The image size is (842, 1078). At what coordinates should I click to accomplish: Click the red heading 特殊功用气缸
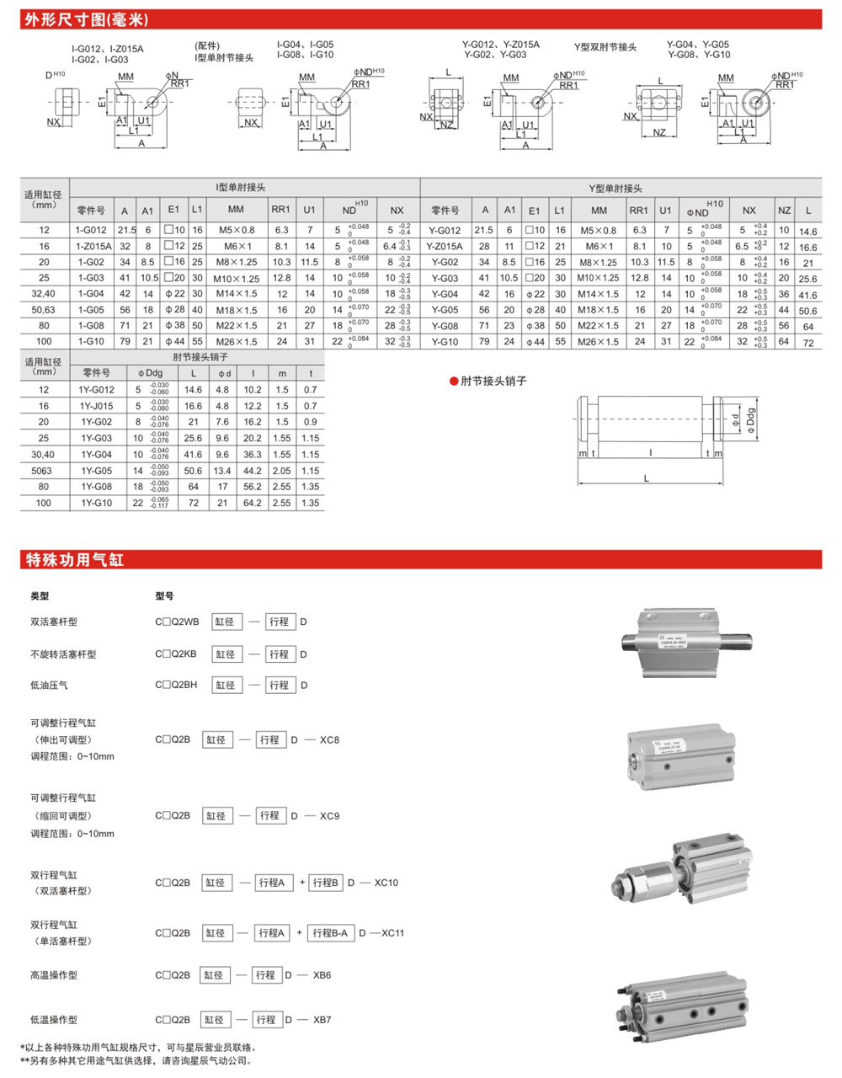[x=75, y=560]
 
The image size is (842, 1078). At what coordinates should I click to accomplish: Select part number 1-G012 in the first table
[x=91, y=230]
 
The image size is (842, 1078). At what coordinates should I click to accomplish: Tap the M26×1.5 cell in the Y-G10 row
[x=599, y=342]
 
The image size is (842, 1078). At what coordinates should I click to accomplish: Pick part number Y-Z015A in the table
[x=445, y=247]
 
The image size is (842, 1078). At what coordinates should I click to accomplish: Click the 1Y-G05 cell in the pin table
[x=96, y=471]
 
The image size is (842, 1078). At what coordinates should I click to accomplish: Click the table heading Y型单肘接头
[x=615, y=189]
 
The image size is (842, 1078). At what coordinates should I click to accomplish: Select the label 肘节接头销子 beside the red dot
[x=493, y=382]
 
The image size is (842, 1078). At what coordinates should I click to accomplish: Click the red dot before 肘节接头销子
[x=454, y=382]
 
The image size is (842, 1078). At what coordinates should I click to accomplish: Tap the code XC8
[x=329, y=740]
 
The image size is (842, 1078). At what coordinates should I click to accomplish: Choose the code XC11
[x=392, y=933]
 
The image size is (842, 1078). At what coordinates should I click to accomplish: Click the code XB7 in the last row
[x=322, y=1020]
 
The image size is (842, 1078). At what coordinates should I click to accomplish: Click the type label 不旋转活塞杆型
[x=63, y=654]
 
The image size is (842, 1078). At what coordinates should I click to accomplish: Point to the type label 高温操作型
[x=54, y=975]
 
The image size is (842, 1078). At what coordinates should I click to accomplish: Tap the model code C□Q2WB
[x=177, y=622]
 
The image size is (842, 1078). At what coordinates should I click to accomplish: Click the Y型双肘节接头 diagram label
[x=605, y=48]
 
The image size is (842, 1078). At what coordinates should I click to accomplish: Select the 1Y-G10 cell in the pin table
[x=96, y=503]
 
